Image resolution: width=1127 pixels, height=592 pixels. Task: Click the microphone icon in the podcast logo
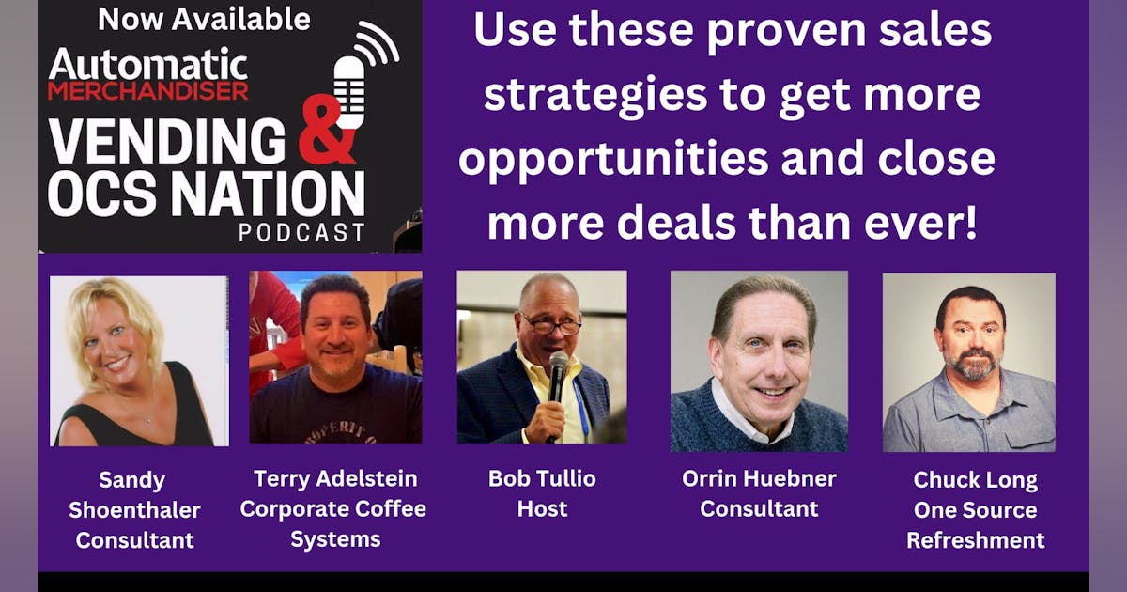click(350, 91)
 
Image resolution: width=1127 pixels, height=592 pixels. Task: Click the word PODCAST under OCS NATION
click(301, 231)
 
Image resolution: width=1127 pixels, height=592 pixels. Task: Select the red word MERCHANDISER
click(148, 91)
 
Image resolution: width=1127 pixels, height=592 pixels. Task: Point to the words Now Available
click(204, 19)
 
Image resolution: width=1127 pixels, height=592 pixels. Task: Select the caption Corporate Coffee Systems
click(333, 523)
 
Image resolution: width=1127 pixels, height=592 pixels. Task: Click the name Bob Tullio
click(542, 477)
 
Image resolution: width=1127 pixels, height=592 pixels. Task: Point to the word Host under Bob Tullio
click(542, 509)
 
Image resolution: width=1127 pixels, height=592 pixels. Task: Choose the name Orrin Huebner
click(759, 477)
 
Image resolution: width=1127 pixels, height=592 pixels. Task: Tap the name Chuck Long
click(975, 480)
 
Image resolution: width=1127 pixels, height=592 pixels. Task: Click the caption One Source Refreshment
click(975, 524)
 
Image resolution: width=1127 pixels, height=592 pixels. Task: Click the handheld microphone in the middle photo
click(558, 376)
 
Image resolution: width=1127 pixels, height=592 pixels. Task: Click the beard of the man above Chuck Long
click(971, 363)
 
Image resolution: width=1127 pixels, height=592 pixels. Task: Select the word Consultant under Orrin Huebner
click(759, 509)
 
